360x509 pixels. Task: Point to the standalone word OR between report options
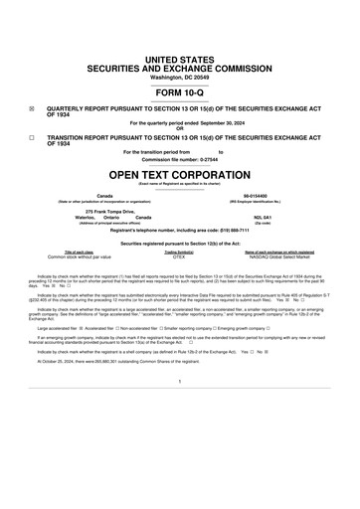[x=179, y=128]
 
